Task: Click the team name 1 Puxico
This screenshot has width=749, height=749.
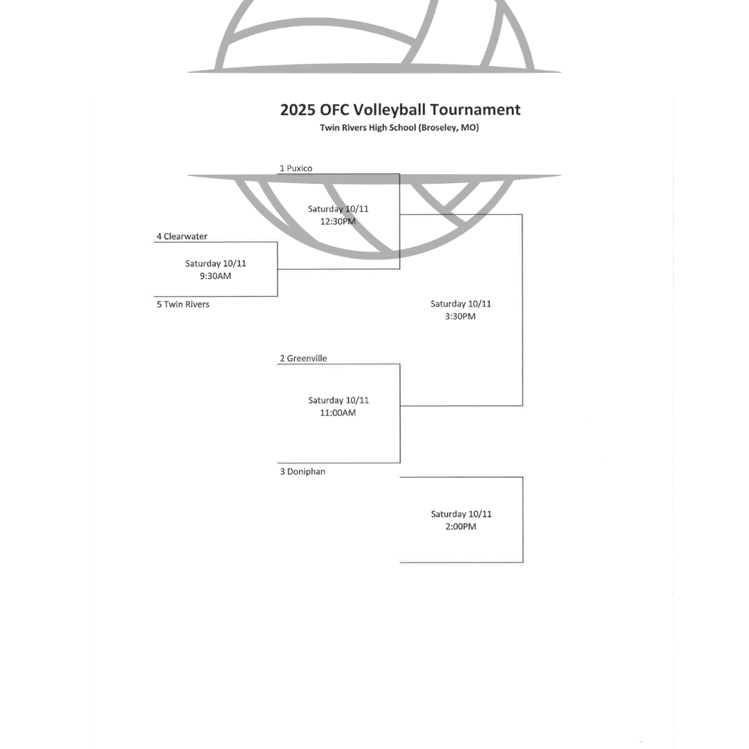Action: pyautogui.click(x=296, y=169)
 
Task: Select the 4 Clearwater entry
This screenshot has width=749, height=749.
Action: pyautogui.click(x=182, y=236)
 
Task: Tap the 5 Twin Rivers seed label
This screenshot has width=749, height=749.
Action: pyautogui.click(x=183, y=304)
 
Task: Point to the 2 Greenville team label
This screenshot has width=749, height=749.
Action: pyautogui.click(x=304, y=359)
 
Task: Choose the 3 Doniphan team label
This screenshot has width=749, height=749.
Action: pyautogui.click(x=302, y=472)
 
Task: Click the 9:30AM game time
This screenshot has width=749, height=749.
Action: pyautogui.click(x=216, y=276)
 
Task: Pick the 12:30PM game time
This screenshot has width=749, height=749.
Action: pyautogui.click(x=338, y=222)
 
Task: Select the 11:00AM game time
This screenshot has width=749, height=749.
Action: pyautogui.click(x=338, y=413)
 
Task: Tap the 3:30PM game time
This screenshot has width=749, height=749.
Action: pyautogui.click(x=460, y=316)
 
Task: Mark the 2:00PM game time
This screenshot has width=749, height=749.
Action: pyautogui.click(x=460, y=526)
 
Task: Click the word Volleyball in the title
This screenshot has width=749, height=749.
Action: pyautogui.click(x=390, y=110)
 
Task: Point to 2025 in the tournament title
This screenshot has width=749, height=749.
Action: pyautogui.click(x=298, y=110)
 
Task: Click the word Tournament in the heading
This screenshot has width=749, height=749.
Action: pyautogui.click(x=475, y=110)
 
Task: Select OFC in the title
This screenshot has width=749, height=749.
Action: pyautogui.click(x=335, y=110)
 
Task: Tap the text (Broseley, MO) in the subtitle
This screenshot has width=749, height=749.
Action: pyautogui.click(x=448, y=128)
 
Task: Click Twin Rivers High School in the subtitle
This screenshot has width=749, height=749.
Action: pyautogui.click(x=368, y=128)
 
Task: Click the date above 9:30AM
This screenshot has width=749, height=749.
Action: pyautogui.click(x=216, y=264)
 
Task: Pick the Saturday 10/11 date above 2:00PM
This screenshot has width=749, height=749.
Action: pyautogui.click(x=461, y=514)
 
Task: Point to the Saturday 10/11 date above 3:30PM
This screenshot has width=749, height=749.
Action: pyautogui.click(x=460, y=304)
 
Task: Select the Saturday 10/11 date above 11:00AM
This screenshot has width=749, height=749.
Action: pyautogui.click(x=338, y=400)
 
